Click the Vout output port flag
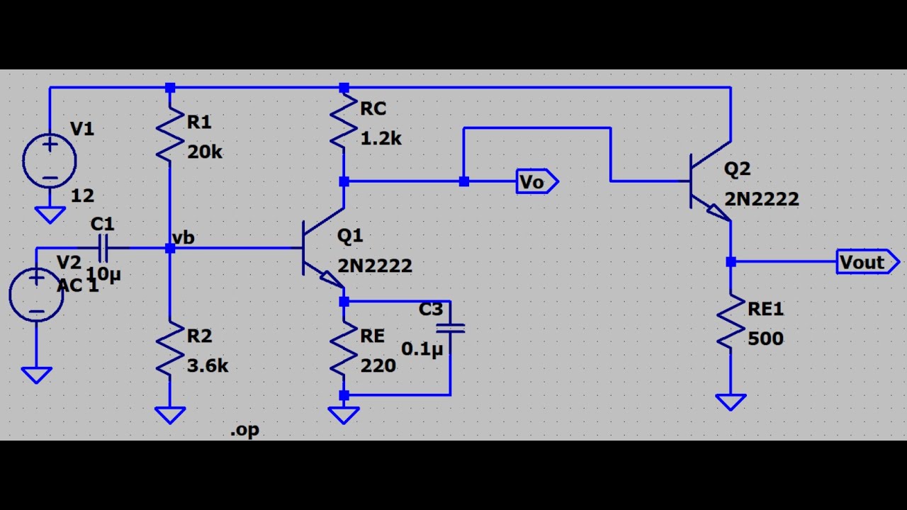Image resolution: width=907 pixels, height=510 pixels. [868, 262]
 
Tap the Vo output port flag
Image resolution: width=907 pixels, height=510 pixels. [537, 181]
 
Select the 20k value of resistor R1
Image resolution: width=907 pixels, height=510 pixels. [205, 152]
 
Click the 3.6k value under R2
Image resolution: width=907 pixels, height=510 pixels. [208, 366]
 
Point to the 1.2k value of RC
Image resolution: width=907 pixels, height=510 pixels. [381, 139]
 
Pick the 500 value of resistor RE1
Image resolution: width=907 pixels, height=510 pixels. [766, 339]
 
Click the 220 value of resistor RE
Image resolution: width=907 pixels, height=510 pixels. [378, 366]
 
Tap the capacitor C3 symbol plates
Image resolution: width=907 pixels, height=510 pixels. [450, 329]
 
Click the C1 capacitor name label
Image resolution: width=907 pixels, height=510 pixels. [103, 224]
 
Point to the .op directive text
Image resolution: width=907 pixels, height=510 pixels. [244, 430]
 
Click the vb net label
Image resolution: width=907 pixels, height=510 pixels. [184, 238]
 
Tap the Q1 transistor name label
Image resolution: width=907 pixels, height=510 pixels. [350, 236]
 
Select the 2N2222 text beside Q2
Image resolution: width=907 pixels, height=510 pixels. [762, 199]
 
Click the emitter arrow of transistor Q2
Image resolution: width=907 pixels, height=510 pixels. [718, 212]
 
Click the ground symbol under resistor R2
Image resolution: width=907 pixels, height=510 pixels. [170, 416]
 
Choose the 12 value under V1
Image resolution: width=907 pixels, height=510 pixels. [82, 196]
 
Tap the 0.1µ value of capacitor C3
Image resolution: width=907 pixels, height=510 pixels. [422, 349]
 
